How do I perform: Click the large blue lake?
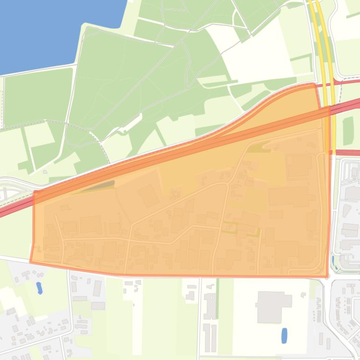tap(51, 28)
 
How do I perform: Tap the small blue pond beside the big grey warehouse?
tap(284, 335)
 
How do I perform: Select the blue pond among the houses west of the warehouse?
tap(40, 287)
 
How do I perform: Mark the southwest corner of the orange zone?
tap(31, 262)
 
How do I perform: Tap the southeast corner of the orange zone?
tap(327, 276)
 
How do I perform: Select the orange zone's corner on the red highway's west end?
tap(34, 192)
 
